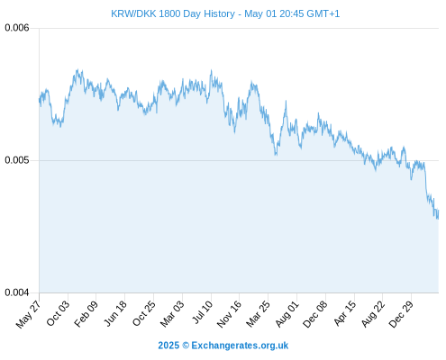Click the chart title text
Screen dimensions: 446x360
[225, 13]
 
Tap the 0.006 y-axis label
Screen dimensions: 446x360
[17, 28]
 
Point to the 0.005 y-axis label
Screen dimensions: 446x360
[17, 160]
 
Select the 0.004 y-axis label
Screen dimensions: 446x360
[17, 292]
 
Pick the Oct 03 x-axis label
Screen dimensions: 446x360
[58, 313]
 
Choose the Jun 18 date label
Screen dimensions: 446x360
[115, 313]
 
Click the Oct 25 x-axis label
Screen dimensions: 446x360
[144, 313]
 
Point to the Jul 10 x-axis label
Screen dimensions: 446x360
[202, 312]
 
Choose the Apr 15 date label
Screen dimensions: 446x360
[345, 313]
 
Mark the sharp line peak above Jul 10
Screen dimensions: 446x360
[211, 70]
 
